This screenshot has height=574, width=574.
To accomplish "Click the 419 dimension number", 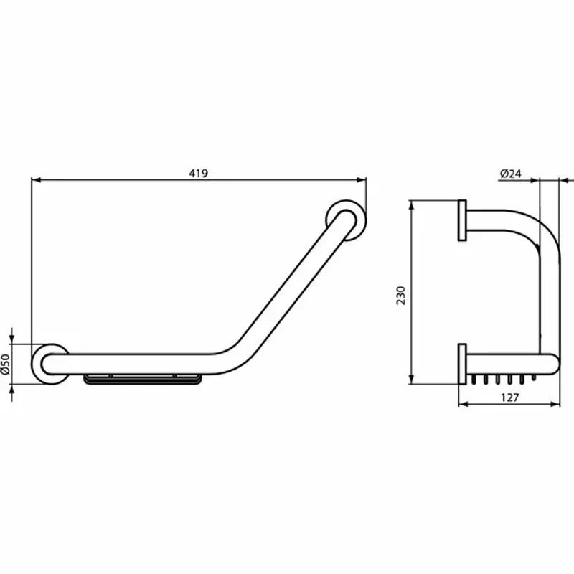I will click(x=199, y=173).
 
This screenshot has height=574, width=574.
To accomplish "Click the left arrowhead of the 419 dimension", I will click(x=35, y=180).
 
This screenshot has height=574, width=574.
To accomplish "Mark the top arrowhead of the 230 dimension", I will click(x=410, y=204).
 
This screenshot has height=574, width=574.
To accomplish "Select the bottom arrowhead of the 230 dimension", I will click(x=410, y=380).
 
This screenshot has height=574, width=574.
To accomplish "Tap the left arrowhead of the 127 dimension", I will click(x=461, y=403).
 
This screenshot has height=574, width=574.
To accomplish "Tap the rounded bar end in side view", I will click(x=553, y=364).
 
